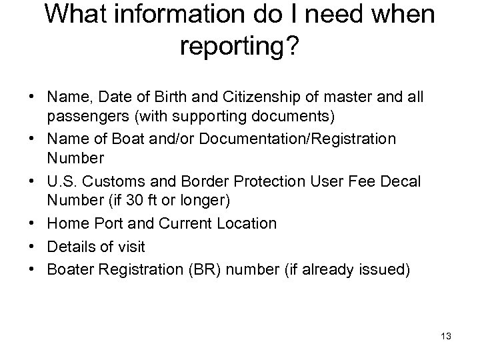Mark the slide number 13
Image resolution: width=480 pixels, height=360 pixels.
tap(446, 337)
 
